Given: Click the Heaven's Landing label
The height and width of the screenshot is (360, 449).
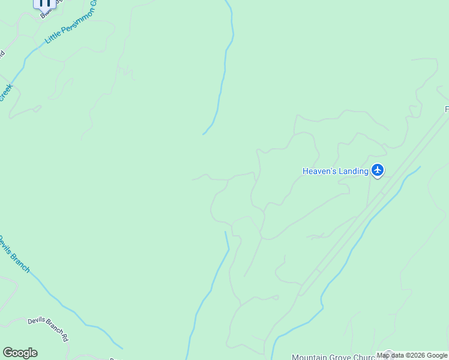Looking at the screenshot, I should click(x=335, y=172).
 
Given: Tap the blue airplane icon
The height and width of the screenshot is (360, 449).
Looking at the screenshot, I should click(x=378, y=171).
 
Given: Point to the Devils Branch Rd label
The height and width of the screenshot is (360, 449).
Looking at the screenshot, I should click(x=48, y=329).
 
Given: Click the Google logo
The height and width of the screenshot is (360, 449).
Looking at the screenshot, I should click(x=20, y=353).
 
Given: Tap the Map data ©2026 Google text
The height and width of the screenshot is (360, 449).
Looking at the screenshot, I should click(x=412, y=355).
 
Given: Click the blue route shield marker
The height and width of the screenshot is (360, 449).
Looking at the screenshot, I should click(x=44, y=3).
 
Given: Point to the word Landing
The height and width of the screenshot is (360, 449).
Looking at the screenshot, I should click(x=354, y=172).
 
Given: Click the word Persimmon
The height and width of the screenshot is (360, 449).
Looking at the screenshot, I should click(x=76, y=22).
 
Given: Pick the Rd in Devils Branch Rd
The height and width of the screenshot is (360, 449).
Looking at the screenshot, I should click(x=64, y=337).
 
